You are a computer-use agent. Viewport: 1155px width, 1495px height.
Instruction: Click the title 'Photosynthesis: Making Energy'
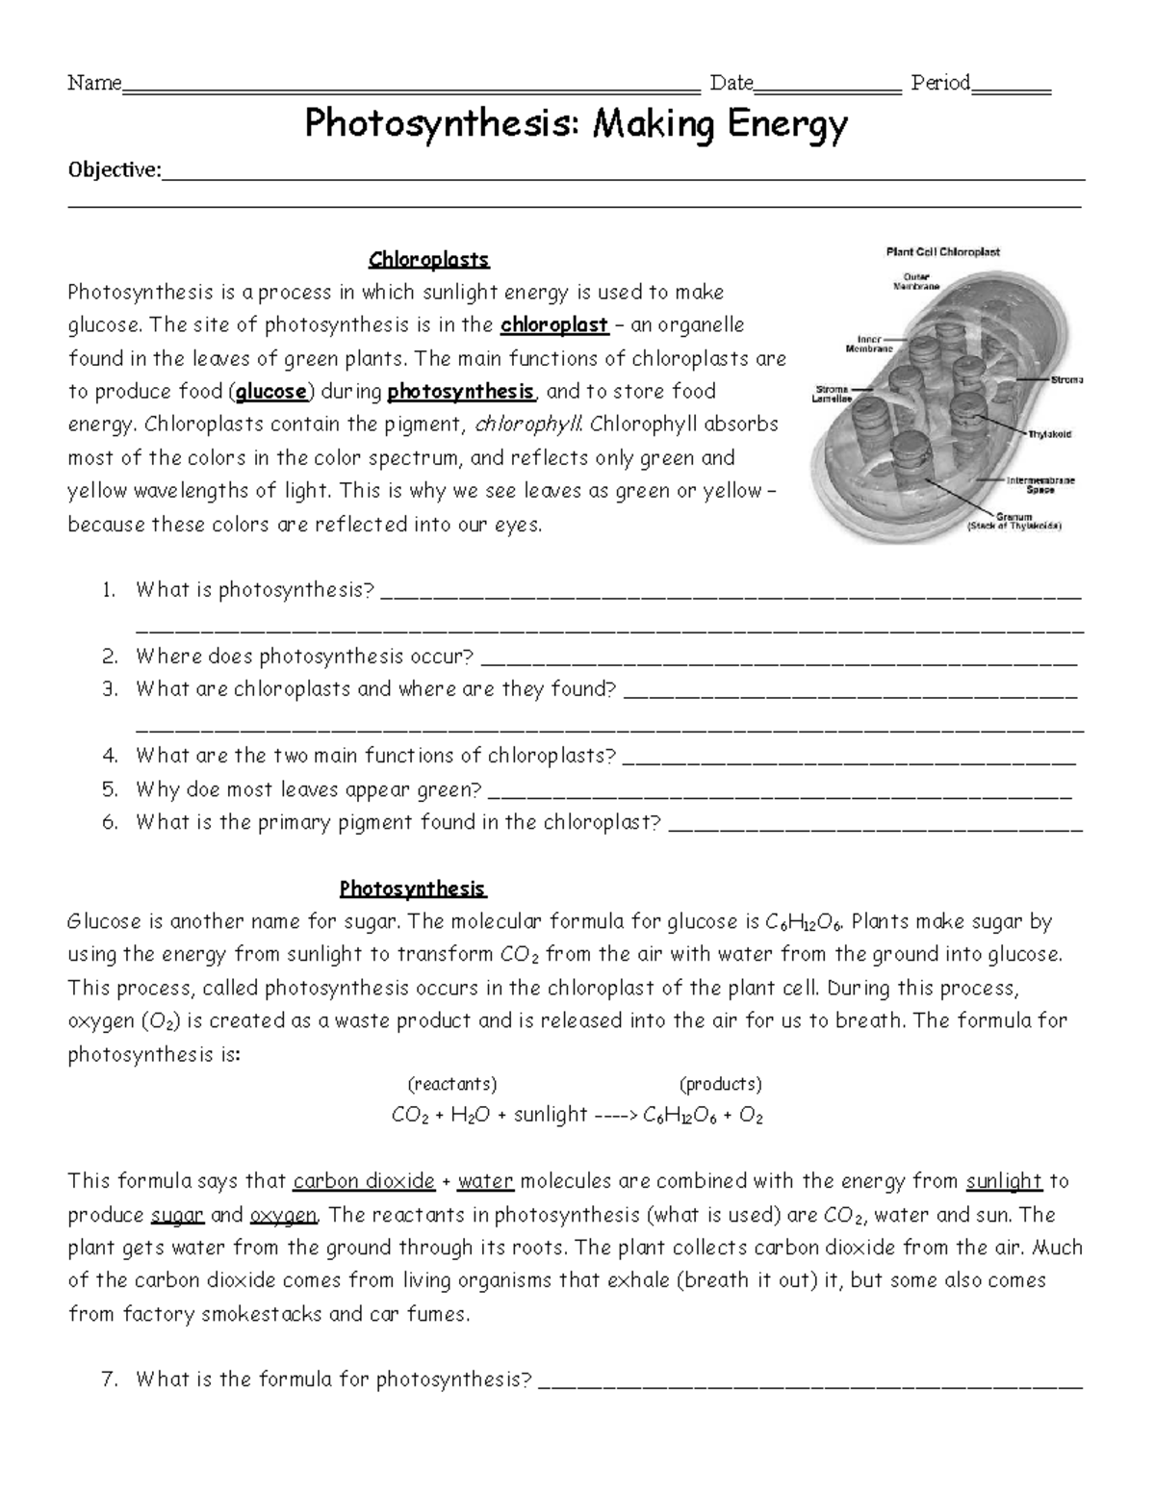[x=576, y=125]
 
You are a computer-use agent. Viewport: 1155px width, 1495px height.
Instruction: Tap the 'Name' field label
[x=93, y=84]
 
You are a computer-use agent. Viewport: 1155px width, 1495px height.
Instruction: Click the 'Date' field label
[x=731, y=84]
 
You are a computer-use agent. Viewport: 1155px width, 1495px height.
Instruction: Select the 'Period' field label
[x=940, y=84]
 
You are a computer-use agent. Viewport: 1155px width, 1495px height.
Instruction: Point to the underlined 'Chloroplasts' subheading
[x=429, y=260]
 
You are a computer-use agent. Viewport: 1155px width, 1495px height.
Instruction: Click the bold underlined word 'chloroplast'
[x=554, y=325]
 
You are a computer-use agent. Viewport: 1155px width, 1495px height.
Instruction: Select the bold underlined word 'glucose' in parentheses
[x=271, y=392]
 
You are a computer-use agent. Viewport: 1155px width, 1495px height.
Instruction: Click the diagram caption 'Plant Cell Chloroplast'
[x=942, y=252]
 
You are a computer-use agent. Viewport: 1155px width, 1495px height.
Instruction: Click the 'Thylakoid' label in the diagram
[x=1049, y=434]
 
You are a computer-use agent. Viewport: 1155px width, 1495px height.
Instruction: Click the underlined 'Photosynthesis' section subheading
[x=412, y=889]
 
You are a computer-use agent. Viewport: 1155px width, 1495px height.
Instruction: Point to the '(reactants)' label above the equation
[x=452, y=1085]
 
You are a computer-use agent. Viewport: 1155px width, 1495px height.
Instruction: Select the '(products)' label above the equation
[x=721, y=1085]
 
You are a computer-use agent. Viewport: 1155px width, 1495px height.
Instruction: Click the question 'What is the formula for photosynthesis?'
[x=333, y=1380]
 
